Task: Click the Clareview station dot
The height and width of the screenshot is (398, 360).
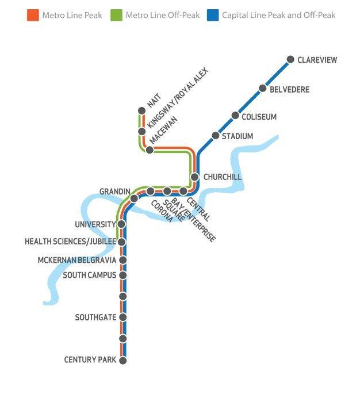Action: tap(290, 59)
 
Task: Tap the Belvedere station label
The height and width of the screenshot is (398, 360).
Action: tap(289, 90)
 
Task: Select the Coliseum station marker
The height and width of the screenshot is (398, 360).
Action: tap(235, 116)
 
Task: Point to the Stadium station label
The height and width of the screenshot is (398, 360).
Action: tap(238, 136)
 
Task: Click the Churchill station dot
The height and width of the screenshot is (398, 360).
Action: tap(194, 177)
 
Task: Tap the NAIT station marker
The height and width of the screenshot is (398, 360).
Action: tap(142, 110)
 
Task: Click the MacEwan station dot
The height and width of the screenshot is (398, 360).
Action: tap(150, 150)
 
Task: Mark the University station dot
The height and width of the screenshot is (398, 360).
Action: tap(121, 224)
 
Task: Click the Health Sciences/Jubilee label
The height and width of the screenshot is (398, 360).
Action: tap(70, 242)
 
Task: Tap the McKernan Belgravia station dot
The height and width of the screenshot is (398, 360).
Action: tap(122, 260)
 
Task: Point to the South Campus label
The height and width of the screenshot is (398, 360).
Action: tap(90, 275)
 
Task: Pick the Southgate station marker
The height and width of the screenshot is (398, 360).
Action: tap(122, 317)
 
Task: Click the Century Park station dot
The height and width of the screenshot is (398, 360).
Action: tap(122, 360)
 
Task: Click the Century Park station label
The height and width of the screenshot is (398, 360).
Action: tap(90, 360)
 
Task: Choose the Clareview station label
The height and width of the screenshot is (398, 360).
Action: tap(317, 60)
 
